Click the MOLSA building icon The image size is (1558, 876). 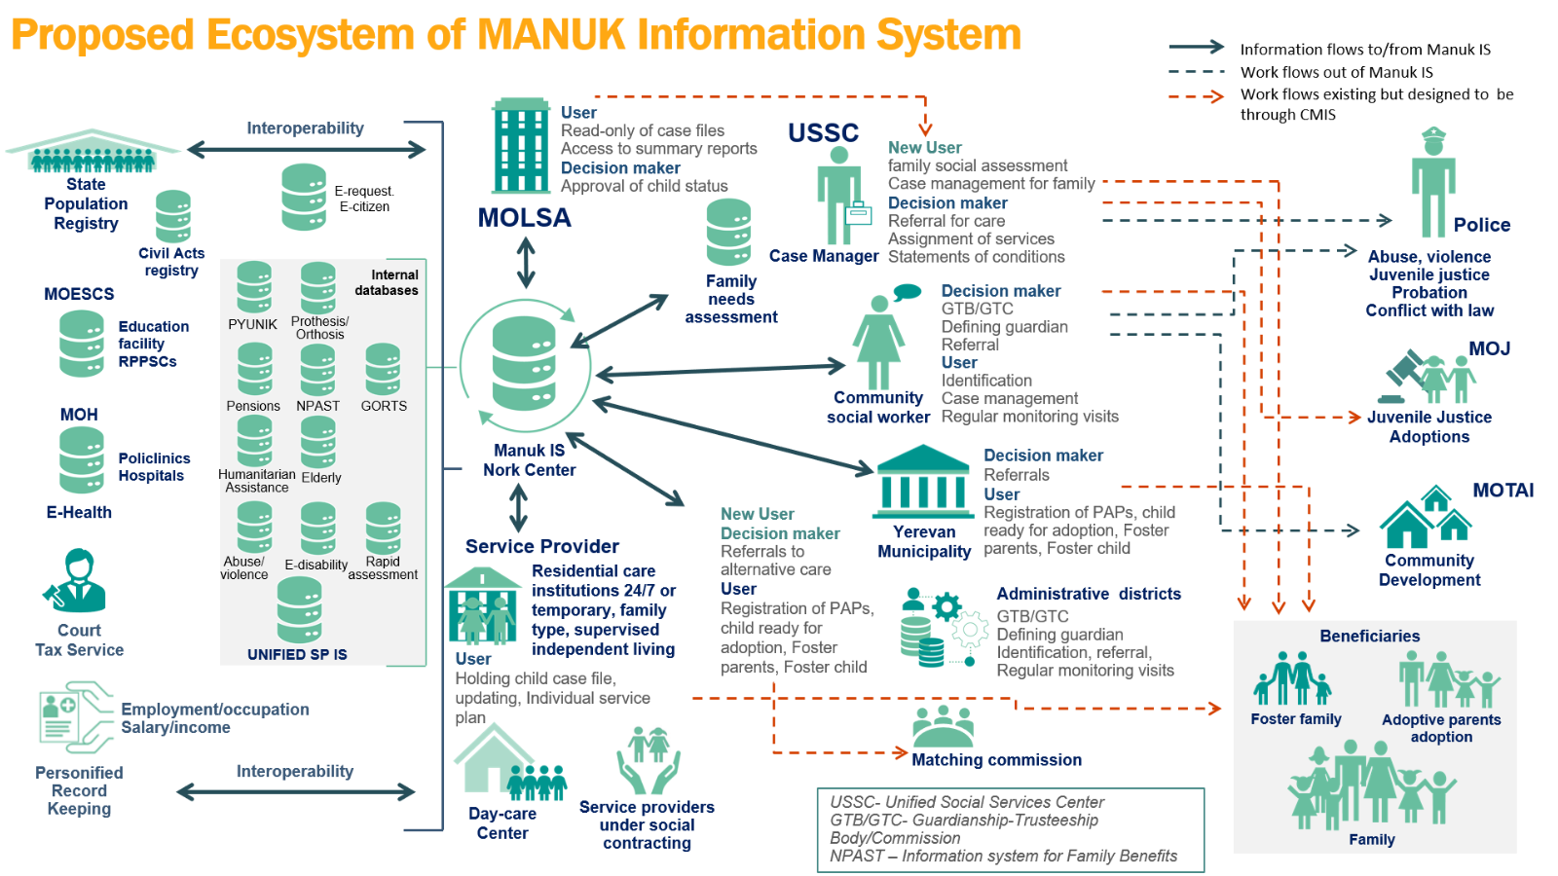(x=521, y=145)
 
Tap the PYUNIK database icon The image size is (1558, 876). (x=254, y=287)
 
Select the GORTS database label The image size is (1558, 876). (x=384, y=406)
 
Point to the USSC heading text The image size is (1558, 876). (x=823, y=133)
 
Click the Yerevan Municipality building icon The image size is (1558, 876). (x=922, y=482)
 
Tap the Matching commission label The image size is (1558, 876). (x=996, y=760)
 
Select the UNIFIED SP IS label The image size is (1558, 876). (x=297, y=655)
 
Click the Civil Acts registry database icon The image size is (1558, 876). (x=173, y=216)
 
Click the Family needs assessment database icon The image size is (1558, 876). (x=728, y=233)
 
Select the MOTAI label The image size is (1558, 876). (x=1502, y=491)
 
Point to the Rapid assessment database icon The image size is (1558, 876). (x=383, y=528)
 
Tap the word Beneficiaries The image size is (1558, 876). (x=1369, y=637)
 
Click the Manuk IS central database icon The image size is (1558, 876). (x=524, y=364)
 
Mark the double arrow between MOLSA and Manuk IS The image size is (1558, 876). (x=526, y=263)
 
